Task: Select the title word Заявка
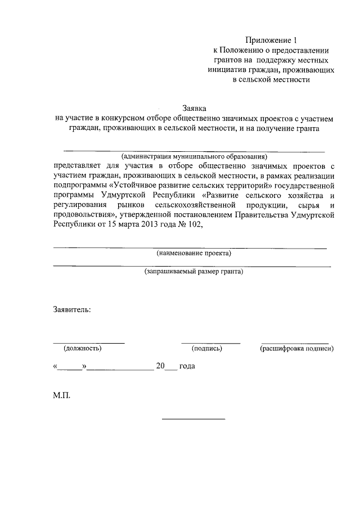coord(194,109)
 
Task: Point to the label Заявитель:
coord(72,310)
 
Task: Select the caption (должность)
coord(83,349)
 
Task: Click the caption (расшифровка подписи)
coord(296,349)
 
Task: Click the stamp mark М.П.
coord(62,395)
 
